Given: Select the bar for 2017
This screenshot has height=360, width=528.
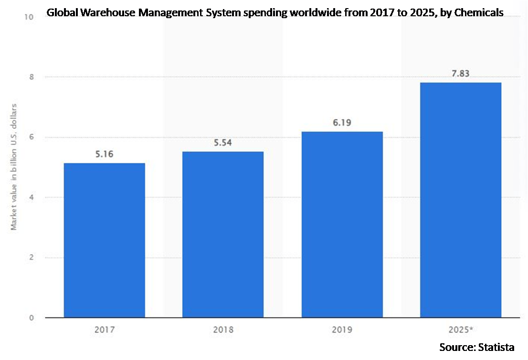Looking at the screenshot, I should pos(104,240).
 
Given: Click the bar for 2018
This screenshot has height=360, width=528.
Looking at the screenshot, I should pos(223,234).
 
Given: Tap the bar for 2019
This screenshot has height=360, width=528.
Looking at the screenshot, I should pos(342,224).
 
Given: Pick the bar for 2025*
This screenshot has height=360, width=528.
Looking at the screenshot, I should pos(461,200).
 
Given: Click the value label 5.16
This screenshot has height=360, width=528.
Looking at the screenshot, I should pos(104,154).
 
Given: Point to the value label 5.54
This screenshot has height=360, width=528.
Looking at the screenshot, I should pos(223,143).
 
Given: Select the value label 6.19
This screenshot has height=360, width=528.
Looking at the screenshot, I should pos(342,123).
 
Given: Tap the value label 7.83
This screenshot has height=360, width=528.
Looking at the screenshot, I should pos(461,74).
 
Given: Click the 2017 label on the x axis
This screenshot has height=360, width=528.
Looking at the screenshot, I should pos(104,329).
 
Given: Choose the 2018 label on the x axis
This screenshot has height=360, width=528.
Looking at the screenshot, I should pos(223,329).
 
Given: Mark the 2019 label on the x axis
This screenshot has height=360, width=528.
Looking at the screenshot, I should pos(342,329).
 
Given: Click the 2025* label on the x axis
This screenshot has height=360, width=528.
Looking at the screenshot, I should pos(461,329).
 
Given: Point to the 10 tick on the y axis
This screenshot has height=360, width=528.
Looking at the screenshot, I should pos(30,17).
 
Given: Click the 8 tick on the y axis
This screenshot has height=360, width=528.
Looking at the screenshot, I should pos(31,77).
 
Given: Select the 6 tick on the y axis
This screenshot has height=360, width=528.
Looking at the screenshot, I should pos(31,138).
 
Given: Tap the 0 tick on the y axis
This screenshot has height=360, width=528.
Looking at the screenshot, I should pos(31,318).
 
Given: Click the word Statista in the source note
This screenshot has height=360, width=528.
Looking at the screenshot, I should pos(497,347).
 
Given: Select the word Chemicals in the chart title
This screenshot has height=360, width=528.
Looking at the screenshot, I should pos(480,13).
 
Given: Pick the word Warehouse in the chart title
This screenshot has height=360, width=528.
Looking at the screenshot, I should pos(104,13).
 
